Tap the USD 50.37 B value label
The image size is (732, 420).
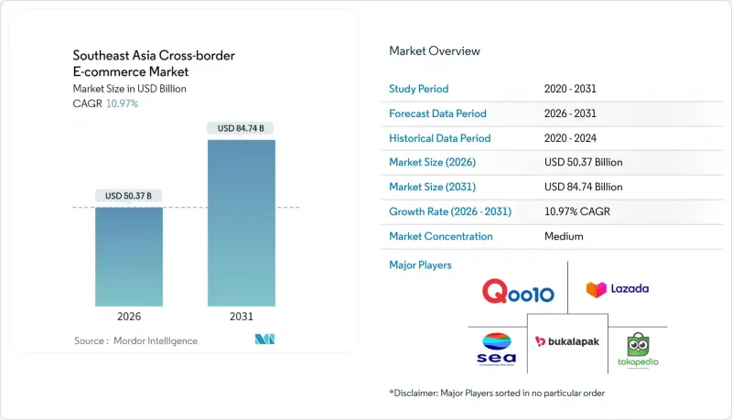(x=129, y=196)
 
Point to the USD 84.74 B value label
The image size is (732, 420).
(x=241, y=129)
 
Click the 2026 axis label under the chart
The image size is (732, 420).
(x=129, y=317)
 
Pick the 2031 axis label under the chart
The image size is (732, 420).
(x=241, y=317)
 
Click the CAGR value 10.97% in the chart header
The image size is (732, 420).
(x=124, y=103)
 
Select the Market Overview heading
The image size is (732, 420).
(x=435, y=51)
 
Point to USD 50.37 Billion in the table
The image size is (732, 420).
(x=583, y=163)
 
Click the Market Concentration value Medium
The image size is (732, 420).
(x=564, y=236)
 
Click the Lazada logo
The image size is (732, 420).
(x=618, y=289)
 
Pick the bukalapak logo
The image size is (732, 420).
(x=567, y=341)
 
